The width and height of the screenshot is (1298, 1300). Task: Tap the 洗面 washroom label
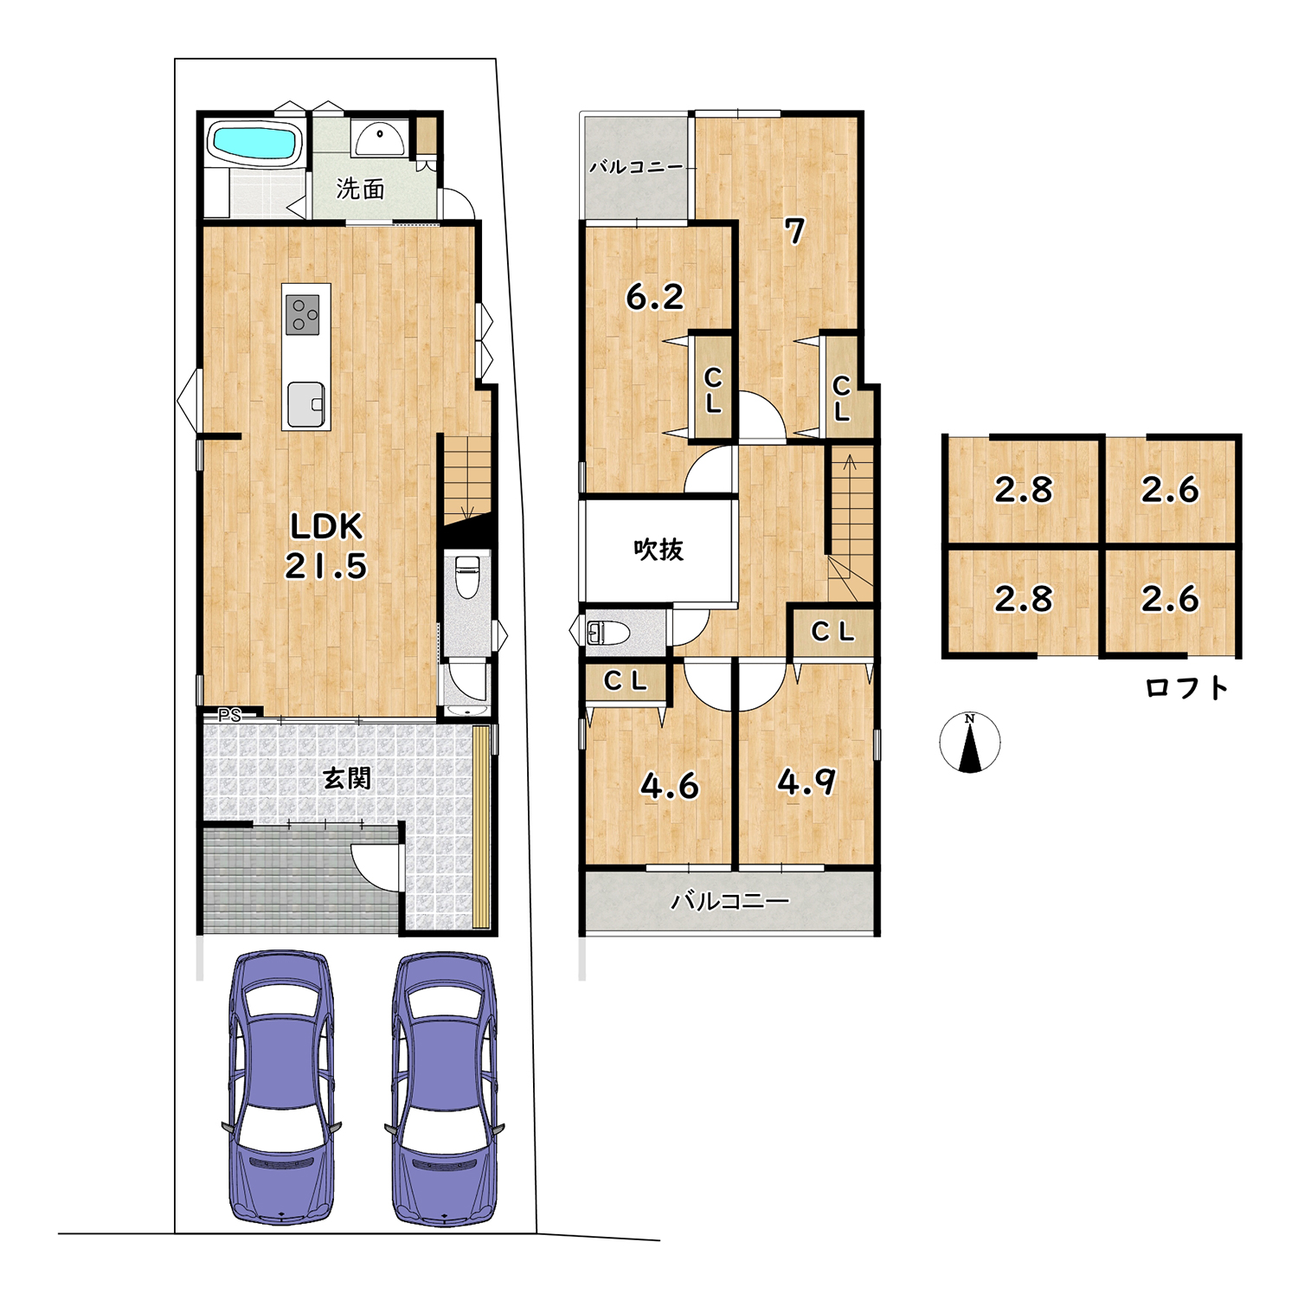360,189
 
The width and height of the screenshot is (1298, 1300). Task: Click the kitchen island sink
306,404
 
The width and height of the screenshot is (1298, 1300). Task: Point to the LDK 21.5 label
326,545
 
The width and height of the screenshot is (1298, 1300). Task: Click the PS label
229,715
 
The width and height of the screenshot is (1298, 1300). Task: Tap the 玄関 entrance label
347,778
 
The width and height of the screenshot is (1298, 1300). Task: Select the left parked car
281,1088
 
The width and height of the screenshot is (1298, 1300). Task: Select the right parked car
445,1088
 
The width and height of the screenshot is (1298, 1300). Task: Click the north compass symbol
970,743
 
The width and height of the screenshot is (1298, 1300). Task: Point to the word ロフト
1186,688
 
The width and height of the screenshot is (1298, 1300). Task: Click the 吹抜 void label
659,549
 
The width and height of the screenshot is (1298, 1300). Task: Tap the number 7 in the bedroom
794,231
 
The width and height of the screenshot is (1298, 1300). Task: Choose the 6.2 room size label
655,297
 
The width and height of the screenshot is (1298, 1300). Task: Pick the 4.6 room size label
670,786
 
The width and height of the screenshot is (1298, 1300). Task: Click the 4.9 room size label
806,782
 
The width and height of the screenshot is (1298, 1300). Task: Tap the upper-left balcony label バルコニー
636,166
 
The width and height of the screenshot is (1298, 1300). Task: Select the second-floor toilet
607,632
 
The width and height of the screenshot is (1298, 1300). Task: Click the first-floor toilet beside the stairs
467,577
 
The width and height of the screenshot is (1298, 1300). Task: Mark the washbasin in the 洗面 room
380,138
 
